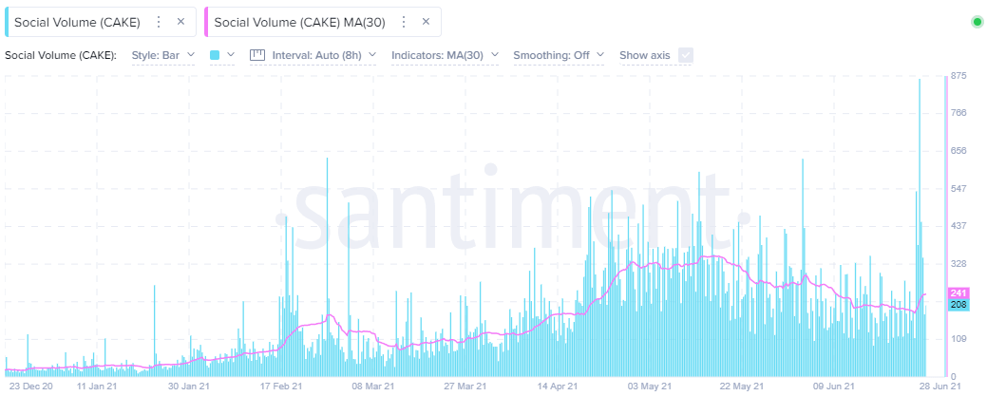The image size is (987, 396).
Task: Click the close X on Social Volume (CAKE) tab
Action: tap(180, 21)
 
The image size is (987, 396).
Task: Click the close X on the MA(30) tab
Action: tap(426, 21)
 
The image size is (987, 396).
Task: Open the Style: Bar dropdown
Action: tap(163, 55)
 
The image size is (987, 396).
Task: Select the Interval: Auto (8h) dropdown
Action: tap(313, 55)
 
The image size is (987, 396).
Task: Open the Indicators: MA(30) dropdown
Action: tap(445, 55)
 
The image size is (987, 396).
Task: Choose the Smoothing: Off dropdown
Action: tap(559, 55)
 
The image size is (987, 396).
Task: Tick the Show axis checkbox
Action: tap(685, 55)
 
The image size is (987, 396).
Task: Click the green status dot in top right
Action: tap(977, 21)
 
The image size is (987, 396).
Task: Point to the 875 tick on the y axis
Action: tap(959, 76)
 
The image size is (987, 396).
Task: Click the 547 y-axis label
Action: tap(959, 188)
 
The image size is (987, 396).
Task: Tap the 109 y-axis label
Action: tap(959, 339)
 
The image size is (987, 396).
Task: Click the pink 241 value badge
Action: tap(958, 293)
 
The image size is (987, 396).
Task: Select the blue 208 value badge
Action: tap(958, 304)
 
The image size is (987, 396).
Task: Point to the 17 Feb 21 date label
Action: tap(282, 387)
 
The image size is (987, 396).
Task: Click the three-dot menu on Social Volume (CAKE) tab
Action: tap(158, 21)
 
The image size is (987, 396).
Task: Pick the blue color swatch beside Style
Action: tap(215, 55)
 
